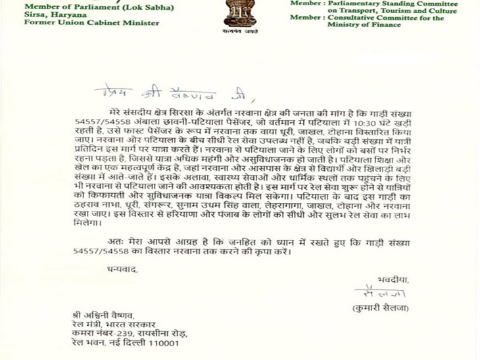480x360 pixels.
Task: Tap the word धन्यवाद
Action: (123, 269)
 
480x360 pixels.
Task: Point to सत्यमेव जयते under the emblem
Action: (240, 30)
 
